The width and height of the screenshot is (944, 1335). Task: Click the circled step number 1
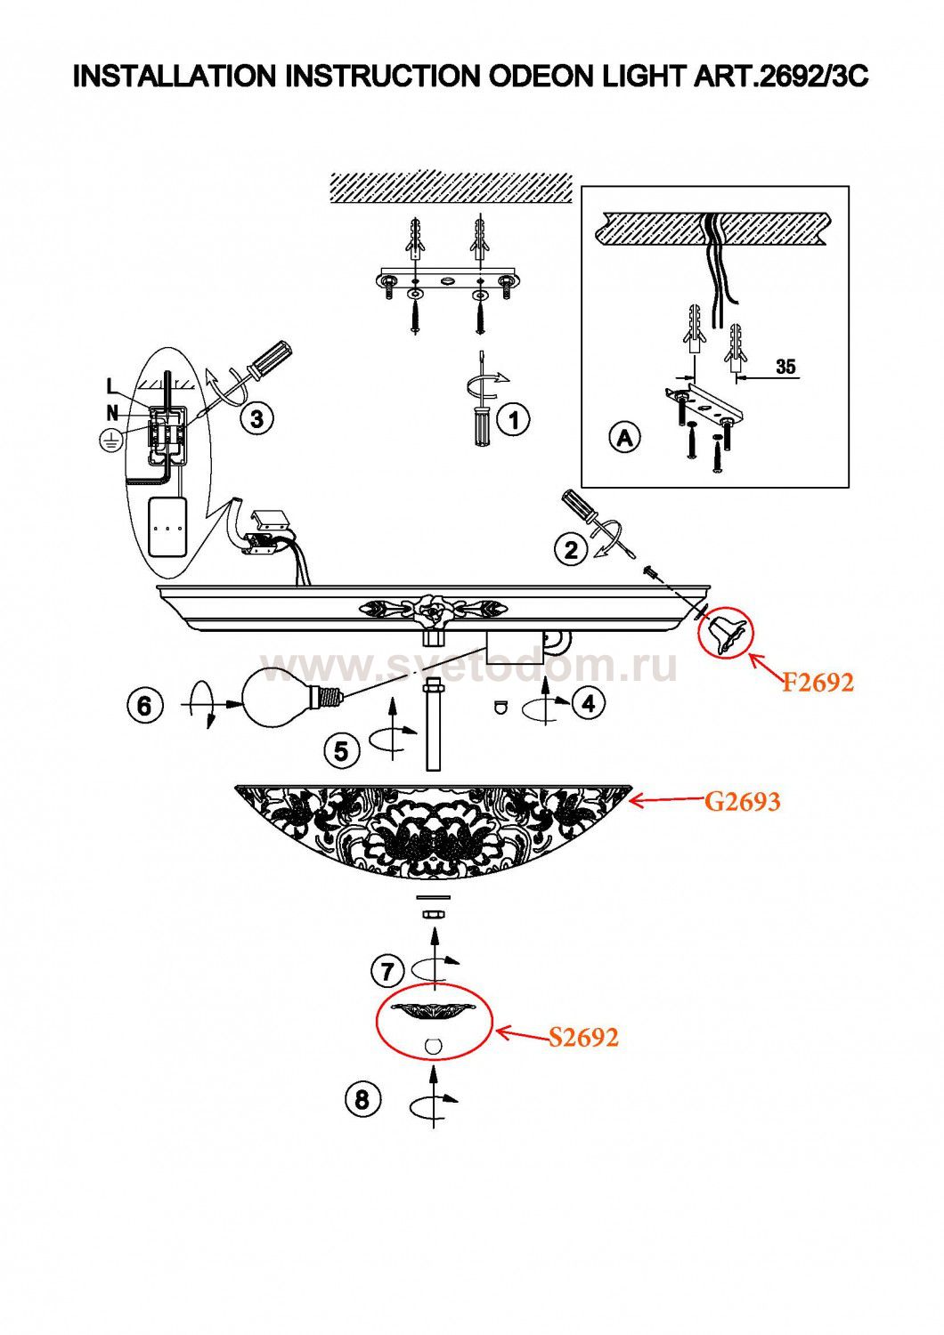tap(513, 419)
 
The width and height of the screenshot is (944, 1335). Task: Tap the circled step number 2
tap(571, 549)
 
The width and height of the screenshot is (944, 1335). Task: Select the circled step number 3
tap(257, 419)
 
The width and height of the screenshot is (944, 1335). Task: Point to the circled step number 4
tap(589, 704)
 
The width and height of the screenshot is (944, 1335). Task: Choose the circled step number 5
tap(341, 751)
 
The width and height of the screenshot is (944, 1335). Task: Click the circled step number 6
tap(144, 707)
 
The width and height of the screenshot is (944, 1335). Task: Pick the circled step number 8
tap(362, 1099)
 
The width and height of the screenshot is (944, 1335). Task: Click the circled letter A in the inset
tap(624, 438)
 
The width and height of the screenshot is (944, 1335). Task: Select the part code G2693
tap(743, 802)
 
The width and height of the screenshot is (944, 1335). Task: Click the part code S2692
tap(583, 1038)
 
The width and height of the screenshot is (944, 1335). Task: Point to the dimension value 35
tap(785, 367)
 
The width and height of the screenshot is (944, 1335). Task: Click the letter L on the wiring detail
tap(112, 387)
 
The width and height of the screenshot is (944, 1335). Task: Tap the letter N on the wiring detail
tap(113, 412)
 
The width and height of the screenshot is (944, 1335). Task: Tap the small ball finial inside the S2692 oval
tap(433, 1047)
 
